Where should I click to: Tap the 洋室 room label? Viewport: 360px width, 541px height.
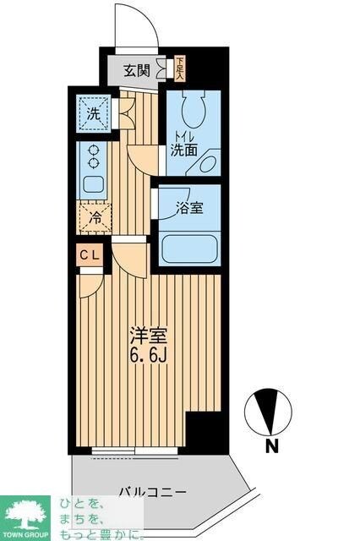tap(144, 334)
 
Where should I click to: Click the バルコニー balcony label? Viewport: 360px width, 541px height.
tap(152, 491)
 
